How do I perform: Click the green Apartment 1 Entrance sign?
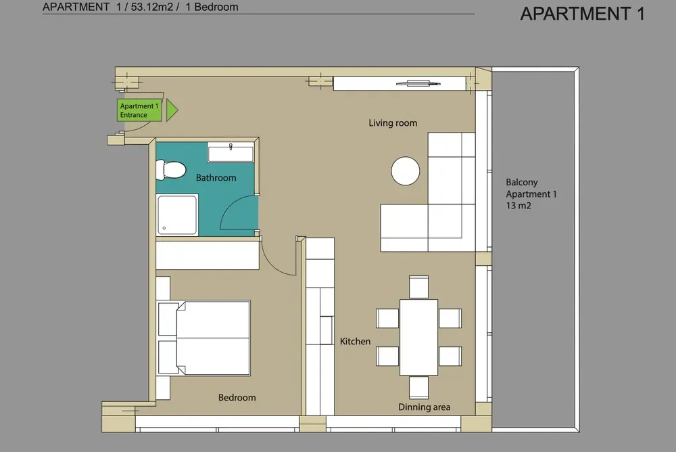coord(139,110)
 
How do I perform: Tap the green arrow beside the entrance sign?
coord(172,110)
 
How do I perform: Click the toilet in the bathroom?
coord(171,170)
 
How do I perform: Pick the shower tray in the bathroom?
coord(178,215)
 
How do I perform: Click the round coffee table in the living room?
coord(405,171)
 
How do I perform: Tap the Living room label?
coord(393,123)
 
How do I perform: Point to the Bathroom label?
coord(216,178)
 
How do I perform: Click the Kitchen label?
coord(356,342)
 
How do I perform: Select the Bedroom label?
coord(237,398)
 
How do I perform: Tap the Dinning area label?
coord(425,407)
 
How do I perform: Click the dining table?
coord(418,337)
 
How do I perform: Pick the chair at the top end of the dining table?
coord(418,287)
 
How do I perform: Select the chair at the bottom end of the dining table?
coord(418,388)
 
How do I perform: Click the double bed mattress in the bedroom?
coord(214,338)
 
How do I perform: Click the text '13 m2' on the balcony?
coord(518,206)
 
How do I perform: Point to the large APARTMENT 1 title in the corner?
coord(583,14)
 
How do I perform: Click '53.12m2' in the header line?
coord(151,7)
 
